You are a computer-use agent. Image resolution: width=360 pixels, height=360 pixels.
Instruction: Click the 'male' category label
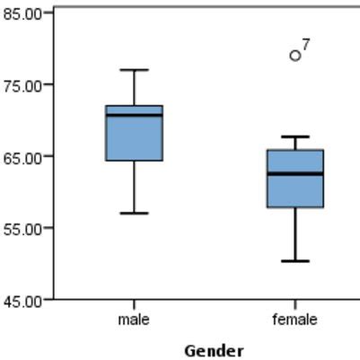coord(134,320)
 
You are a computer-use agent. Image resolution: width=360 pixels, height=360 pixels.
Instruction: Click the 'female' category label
coord(294,320)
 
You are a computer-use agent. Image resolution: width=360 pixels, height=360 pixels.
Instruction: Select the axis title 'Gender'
coord(213,350)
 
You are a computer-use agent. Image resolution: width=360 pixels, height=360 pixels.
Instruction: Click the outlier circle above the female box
coord(294,56)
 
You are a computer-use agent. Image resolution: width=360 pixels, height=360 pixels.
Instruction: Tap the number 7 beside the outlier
coord(306,45)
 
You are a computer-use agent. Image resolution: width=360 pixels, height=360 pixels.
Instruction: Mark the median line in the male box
coord(134,115)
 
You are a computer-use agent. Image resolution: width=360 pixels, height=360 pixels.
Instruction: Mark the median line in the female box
coord(294,173)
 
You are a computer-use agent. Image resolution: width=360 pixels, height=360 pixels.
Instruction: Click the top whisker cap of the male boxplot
coord(134,69)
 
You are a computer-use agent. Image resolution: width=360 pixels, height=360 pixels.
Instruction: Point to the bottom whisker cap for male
coord(134,213)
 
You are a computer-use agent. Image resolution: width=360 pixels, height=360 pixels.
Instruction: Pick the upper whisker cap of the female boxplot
coord(294,136)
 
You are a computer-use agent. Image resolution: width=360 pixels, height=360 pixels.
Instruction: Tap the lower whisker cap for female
coord(294,261)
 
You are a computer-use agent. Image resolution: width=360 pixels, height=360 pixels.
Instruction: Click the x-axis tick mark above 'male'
coord(134,303)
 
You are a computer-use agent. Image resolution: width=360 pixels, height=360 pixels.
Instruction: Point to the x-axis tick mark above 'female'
coord(294,303)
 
